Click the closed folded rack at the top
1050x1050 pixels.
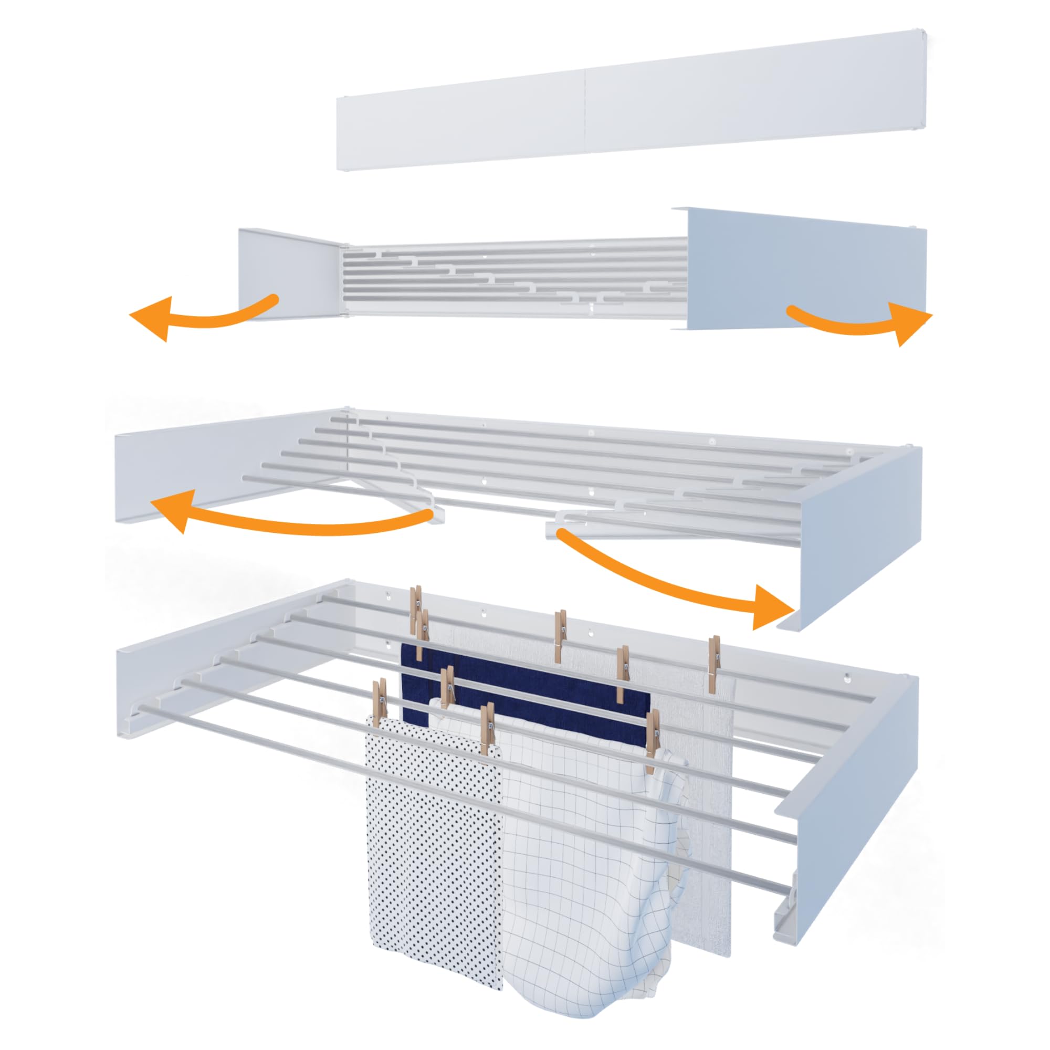click(x=625, y=103)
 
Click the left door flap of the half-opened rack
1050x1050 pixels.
click(x=288, y=275)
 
